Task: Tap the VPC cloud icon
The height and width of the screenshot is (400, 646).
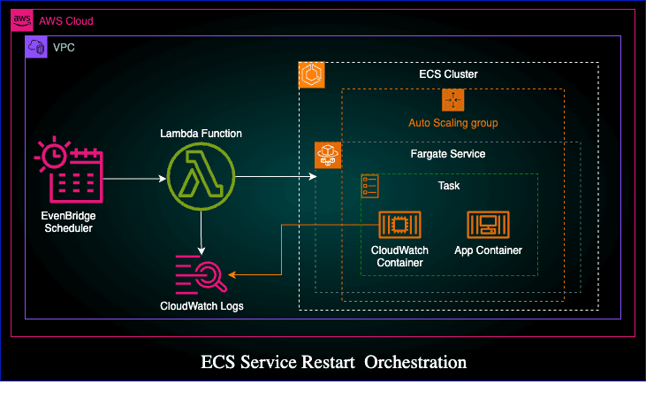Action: [36, 48]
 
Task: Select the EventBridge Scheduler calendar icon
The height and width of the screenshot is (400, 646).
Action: [69, 173]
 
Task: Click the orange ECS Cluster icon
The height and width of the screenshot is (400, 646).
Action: [312, 74]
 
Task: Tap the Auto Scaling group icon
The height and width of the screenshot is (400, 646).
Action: [452, 100]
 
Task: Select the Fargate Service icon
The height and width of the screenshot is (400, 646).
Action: [328, 156]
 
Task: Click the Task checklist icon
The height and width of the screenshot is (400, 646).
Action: [370, 186]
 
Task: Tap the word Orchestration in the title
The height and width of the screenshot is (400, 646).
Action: [415, 362]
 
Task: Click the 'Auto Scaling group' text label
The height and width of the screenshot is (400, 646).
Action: [452, 122]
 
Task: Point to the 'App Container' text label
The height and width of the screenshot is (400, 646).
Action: [488, 250]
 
